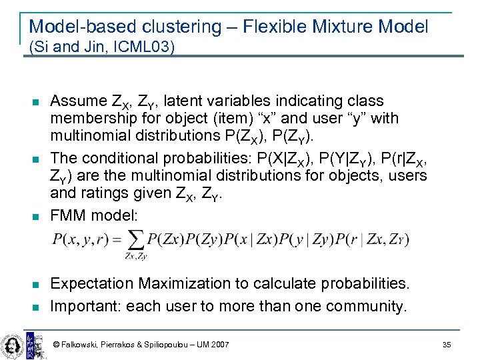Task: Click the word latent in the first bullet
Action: pyautogui.click(x=181, y=101)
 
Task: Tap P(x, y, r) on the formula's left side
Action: pyautogui.click(x=79, y=239)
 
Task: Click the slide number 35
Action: pyautogui.click(x=446, y=345)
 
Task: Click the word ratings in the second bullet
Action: pyautogui.click(x=100, y=193)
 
